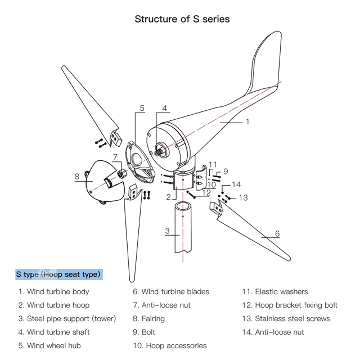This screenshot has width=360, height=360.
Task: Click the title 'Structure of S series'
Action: [182, 19]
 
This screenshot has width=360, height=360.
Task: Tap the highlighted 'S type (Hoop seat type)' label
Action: [58, 274]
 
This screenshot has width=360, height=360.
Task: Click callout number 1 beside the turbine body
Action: [247, 121]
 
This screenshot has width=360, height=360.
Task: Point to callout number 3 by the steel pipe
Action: [168, 231]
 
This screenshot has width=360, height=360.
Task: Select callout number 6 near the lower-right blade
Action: [277, 233]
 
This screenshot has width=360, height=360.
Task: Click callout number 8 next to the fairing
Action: [76, 177]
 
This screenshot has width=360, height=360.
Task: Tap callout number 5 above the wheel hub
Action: [142, 108]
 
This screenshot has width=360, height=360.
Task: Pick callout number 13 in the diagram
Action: [243, 197]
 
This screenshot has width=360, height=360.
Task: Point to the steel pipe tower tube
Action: [183, 231]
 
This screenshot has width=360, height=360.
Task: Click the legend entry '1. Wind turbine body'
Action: [53, 291]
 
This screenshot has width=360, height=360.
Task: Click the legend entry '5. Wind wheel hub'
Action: [49, 345]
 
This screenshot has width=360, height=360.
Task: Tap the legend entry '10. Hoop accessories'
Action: [169, 345]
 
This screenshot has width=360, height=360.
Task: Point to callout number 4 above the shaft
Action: [165, 108]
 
